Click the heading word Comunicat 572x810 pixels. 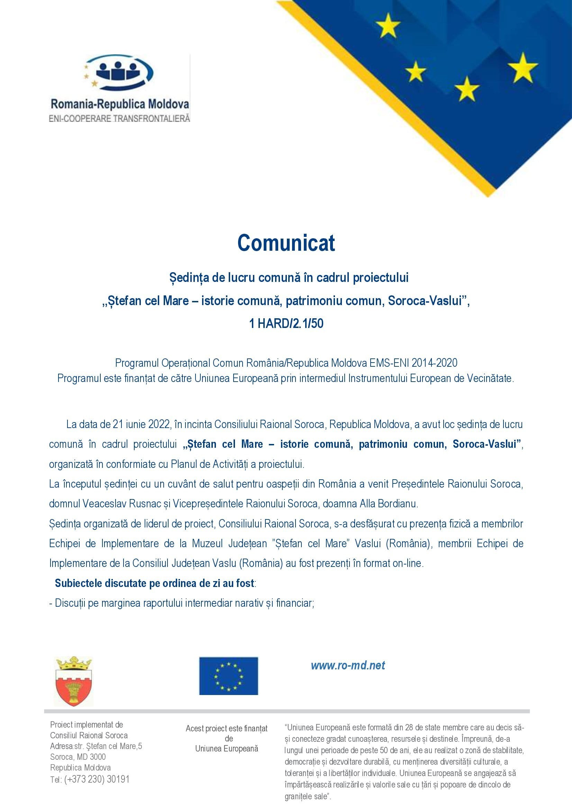point(286,243)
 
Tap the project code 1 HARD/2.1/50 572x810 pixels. point(286,323)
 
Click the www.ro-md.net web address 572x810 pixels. point(348,665)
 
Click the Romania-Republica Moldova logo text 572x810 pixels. point(120,104)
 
